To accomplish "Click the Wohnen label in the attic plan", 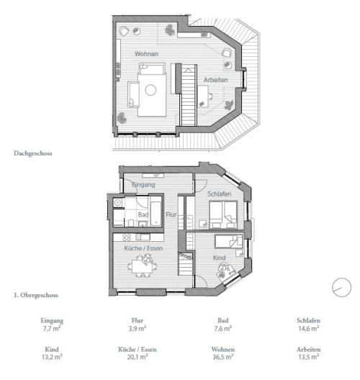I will [146, 54].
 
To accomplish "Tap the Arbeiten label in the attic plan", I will [216, 80].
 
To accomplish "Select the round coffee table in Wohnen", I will [150, 90].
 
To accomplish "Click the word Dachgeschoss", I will [32, 153].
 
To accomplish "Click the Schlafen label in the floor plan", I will [218, 194].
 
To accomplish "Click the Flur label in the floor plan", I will [171, 214].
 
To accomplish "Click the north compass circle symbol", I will [341, 287].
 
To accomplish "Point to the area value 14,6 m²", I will [308, 329].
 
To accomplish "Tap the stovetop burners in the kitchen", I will [127, 237].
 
